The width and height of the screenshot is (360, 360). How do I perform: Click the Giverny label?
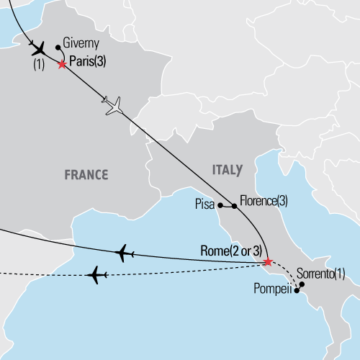[81, 42]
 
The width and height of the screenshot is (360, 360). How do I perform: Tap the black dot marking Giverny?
[58, 49]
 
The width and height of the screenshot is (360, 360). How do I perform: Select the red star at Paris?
[62, 64]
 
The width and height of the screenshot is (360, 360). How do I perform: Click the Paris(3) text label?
[89, 63]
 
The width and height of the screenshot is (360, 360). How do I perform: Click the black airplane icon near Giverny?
[38, 50]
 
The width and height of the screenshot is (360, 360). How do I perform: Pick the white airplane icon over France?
[114, 106]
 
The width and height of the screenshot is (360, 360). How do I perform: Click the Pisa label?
[205, 204]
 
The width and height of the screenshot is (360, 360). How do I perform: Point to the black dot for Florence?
[235, 206]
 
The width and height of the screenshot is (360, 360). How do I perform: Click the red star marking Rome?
[268, 261]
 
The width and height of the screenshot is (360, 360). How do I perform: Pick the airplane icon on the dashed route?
[96, 274]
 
